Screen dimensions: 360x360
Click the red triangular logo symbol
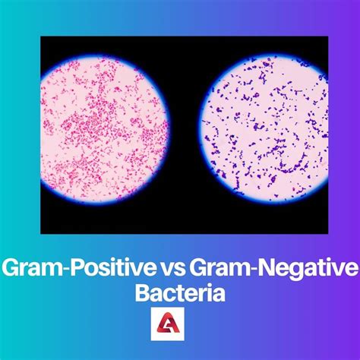tap(168, 323)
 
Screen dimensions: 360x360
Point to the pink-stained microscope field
tap(104, 130)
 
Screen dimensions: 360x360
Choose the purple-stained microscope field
tap(264, 129)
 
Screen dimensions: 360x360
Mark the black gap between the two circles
tap(184, 130)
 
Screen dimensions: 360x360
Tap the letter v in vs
tap(166, 269)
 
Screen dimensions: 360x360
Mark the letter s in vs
tap(179, 269)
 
